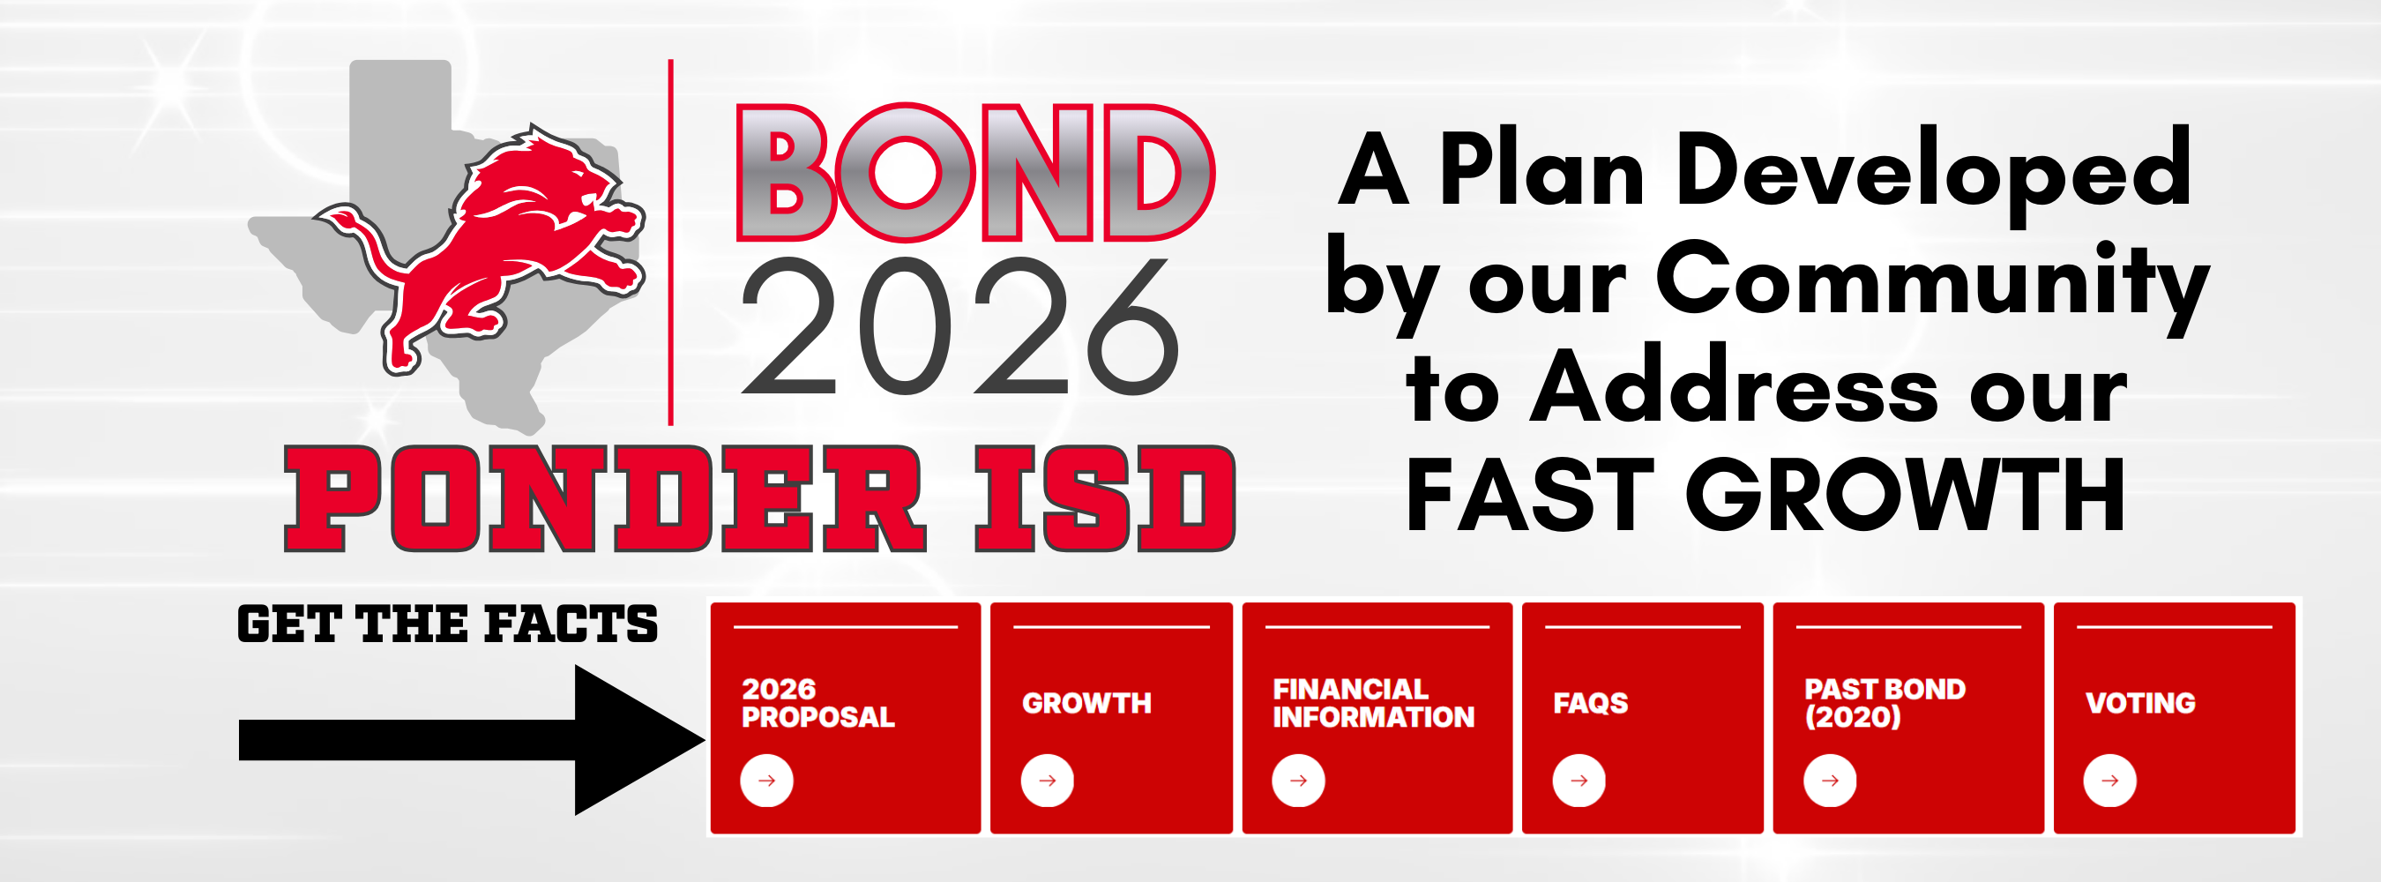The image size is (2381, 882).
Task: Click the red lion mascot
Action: tap(499, 250)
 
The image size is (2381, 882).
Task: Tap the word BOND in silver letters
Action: tap(974, 174)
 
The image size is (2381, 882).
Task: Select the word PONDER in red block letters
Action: tap(606, 499)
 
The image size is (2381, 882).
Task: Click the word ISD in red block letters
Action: tap(1105, 499)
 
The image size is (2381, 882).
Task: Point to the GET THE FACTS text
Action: tap(447, 624)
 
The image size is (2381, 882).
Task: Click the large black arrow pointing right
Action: tap(472, 740)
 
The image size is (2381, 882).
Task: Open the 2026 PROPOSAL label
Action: tap(818, 703)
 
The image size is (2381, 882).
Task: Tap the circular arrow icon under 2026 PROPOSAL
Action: tap(766, 781)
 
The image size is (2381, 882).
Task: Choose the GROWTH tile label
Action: tap(1086, 704)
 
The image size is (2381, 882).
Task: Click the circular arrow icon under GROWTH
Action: tap(1048, 781)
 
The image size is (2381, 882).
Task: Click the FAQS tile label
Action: tap(1590, 704)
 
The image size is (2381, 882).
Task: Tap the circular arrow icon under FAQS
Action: tap(1579, 781)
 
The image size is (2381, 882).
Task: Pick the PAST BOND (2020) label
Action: tap(1884, 703)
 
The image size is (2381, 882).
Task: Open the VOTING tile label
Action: tap(2139, 704)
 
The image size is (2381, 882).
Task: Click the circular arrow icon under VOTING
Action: tap(2109, 781)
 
